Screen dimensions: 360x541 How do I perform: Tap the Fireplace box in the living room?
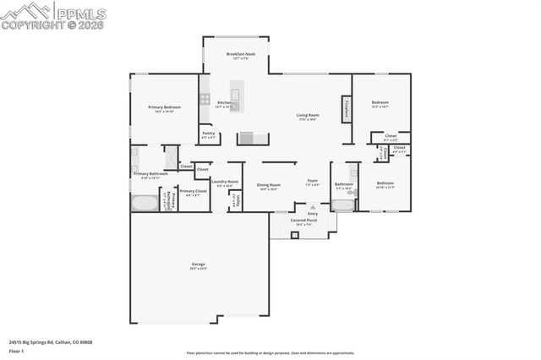(346, 109)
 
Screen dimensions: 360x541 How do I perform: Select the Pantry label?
(207, 134)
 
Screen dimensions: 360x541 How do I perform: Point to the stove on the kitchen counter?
(205, 99)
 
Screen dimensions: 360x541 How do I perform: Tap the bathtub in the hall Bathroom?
(344, 205)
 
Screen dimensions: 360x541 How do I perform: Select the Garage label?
(199, 265)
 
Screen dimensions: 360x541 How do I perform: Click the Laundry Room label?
(225, 183)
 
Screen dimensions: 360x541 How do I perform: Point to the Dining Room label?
(269, 185)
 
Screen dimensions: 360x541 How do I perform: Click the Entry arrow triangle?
(312, 207)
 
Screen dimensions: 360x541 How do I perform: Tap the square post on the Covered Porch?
(294, 235)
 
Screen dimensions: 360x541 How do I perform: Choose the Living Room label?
(307, 116)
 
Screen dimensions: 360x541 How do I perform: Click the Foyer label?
(312, 181)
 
